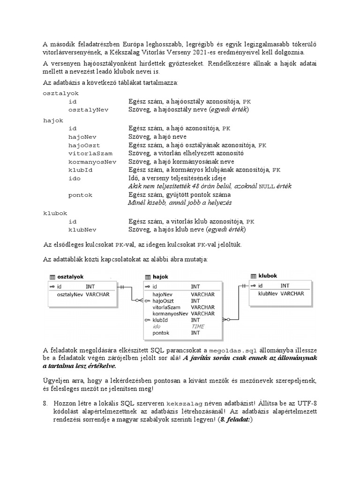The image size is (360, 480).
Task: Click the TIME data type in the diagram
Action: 197,326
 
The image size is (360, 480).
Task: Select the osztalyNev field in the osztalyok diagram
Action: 70,294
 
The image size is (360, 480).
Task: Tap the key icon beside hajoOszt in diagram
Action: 148,301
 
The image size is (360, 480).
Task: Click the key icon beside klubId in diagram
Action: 148,320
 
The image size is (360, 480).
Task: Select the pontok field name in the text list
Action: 80,195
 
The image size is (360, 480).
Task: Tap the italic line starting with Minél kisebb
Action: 180,203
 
